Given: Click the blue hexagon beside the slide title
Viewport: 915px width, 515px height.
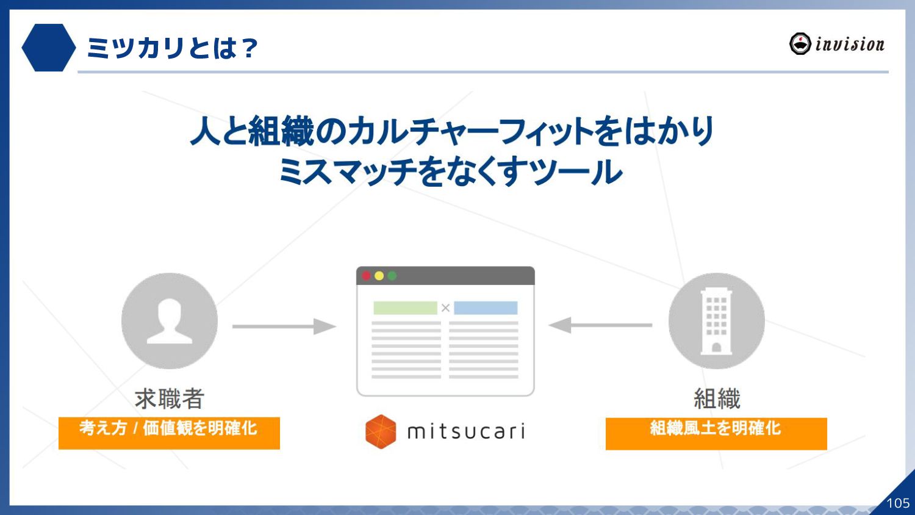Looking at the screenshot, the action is click(48, 48).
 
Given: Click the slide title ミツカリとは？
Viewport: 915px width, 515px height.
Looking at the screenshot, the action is click(172, 48).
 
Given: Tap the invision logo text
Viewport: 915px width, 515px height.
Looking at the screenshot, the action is click(849, 45).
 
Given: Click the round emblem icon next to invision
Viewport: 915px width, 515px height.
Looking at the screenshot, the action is click(800, 44).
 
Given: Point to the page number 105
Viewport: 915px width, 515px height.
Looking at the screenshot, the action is click(897, 503).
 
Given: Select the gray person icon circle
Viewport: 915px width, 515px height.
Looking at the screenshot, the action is click(170, 320).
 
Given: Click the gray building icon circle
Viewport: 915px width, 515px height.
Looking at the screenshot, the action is click(716, 320).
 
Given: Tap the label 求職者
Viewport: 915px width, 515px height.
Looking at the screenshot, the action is click(170, 398).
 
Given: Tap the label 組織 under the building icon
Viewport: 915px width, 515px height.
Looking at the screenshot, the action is click(717, 398).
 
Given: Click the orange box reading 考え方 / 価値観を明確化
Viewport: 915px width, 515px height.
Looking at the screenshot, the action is click(169, 433).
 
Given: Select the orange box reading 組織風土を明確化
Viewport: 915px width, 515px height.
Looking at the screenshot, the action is click(716, 433).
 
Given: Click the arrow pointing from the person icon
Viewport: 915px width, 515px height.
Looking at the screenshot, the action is click(284, 326).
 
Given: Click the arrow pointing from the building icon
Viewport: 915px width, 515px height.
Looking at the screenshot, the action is click(600, 325).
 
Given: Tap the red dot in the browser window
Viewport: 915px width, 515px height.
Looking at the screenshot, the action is click(366, 276).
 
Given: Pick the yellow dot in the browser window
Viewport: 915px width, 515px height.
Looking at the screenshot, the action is click(379, 276).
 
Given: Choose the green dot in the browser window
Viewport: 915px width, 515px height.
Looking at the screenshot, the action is click(392, 276).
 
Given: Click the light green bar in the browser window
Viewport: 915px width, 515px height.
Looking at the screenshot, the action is click(405, 308).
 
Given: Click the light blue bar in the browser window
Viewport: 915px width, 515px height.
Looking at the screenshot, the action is click(486, 308).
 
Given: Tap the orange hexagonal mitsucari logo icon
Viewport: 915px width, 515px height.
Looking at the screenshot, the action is click(381, 431).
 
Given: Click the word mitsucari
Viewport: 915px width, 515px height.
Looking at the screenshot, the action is click(466, 431).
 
